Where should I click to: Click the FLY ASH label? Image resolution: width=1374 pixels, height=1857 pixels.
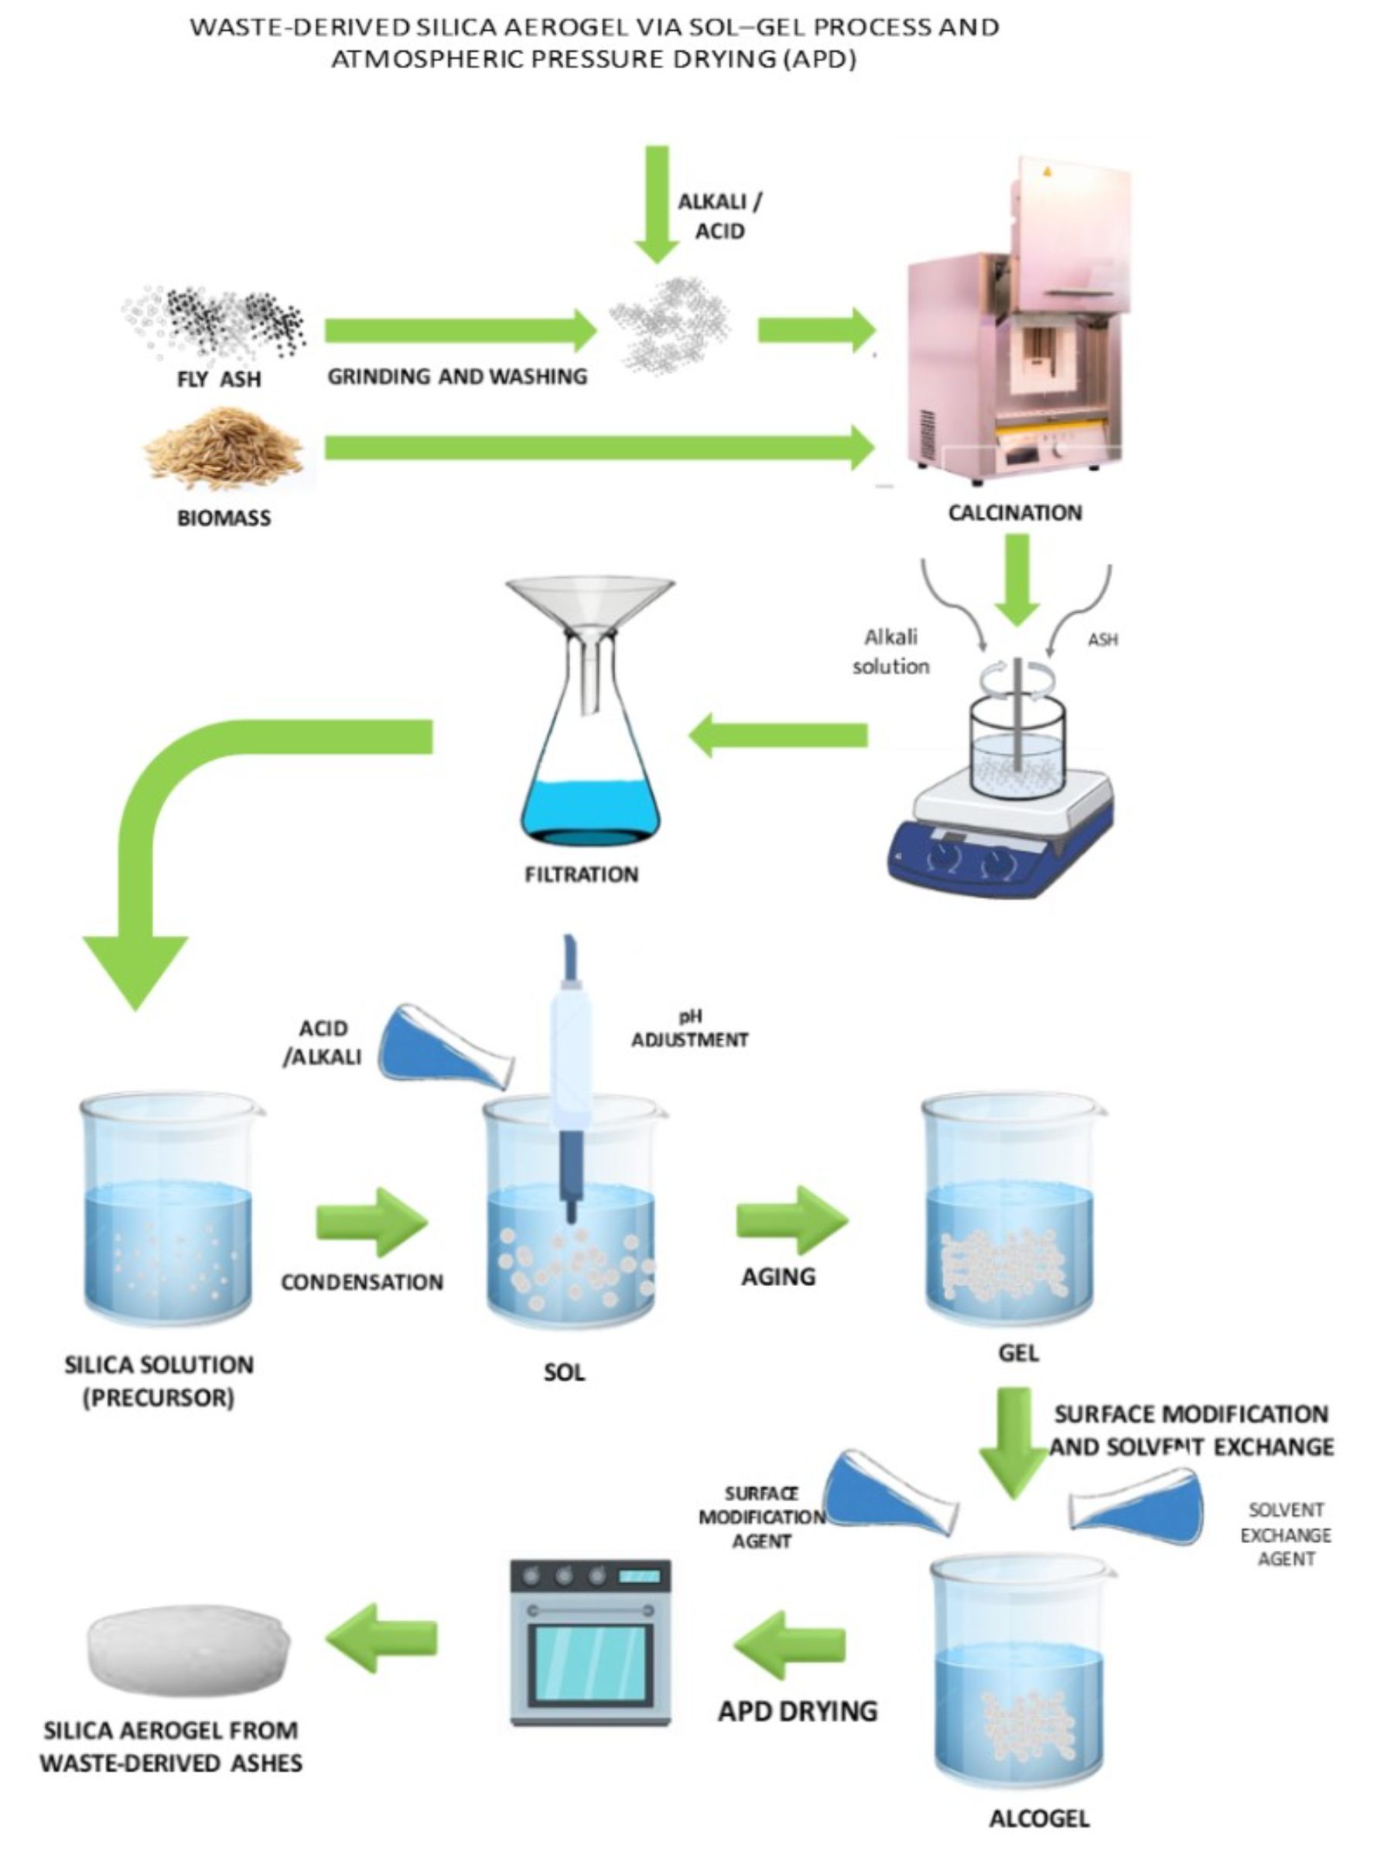pos(219,379)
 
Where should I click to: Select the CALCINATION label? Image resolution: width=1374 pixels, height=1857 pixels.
pos(1015,512)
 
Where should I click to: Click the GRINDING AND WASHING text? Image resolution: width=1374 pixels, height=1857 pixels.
pos(457,377)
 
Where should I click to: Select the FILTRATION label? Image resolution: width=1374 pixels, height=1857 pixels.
pos(581,874)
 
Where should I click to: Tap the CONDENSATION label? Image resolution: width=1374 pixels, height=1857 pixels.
pos(362,1281)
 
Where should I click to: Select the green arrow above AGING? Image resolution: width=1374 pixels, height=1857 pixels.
pos(791,1220)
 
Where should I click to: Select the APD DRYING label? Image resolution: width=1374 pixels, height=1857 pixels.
pos(798,1712)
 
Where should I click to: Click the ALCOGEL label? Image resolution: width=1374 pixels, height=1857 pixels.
pos(1039,1818)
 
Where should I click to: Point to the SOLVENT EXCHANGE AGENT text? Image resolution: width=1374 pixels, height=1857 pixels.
pos(1285,1534)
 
